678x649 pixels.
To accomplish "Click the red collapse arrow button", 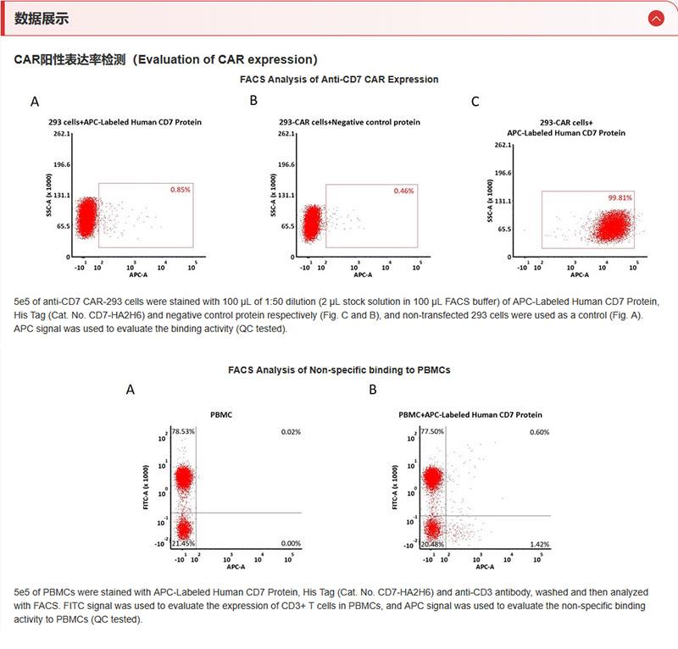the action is point(656,19).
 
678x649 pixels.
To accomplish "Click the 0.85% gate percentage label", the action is point(181,190).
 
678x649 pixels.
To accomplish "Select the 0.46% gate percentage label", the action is point(404,191).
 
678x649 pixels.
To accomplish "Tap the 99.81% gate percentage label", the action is point(620,197).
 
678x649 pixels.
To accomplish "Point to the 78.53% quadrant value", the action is point(183,431).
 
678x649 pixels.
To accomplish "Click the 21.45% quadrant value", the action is point(183,543).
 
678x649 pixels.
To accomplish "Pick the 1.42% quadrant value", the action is point(540,544).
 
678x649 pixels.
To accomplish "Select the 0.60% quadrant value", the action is point(540,432).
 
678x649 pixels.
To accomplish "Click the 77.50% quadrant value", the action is point(432,431).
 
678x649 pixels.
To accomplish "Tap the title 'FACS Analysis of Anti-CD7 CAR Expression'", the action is point(339,80).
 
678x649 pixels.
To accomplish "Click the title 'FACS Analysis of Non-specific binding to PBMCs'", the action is point(339,370).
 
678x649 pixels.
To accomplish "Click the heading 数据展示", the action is point(42,19).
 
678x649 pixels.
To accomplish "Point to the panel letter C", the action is point(475,102).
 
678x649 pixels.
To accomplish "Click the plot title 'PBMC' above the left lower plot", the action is point(221,414).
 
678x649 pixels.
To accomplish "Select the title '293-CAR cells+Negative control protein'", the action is point(349,122).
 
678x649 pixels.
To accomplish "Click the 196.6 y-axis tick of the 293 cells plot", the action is point(62,164).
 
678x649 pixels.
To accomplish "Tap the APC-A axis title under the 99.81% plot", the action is point(580,275).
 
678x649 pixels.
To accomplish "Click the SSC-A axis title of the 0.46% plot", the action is point(273,195).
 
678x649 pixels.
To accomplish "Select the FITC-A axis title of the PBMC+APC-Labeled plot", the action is point(394,487).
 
